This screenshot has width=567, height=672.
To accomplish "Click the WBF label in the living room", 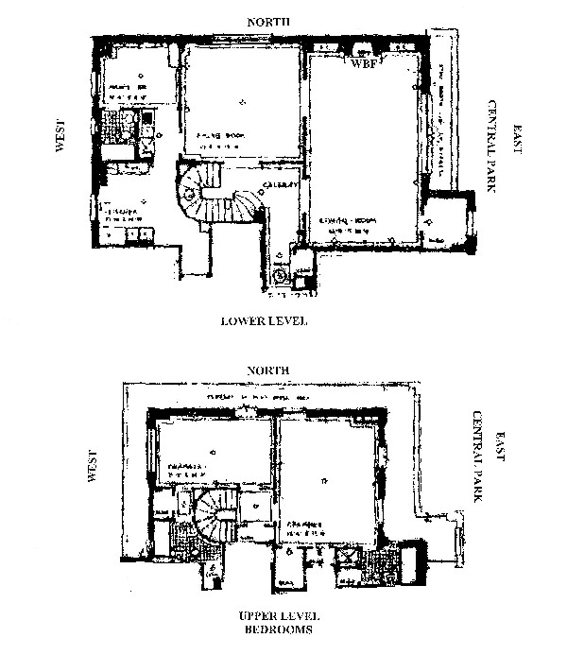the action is pos(364,66).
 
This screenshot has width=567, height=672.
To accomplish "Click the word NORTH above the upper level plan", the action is pos(265,370).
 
